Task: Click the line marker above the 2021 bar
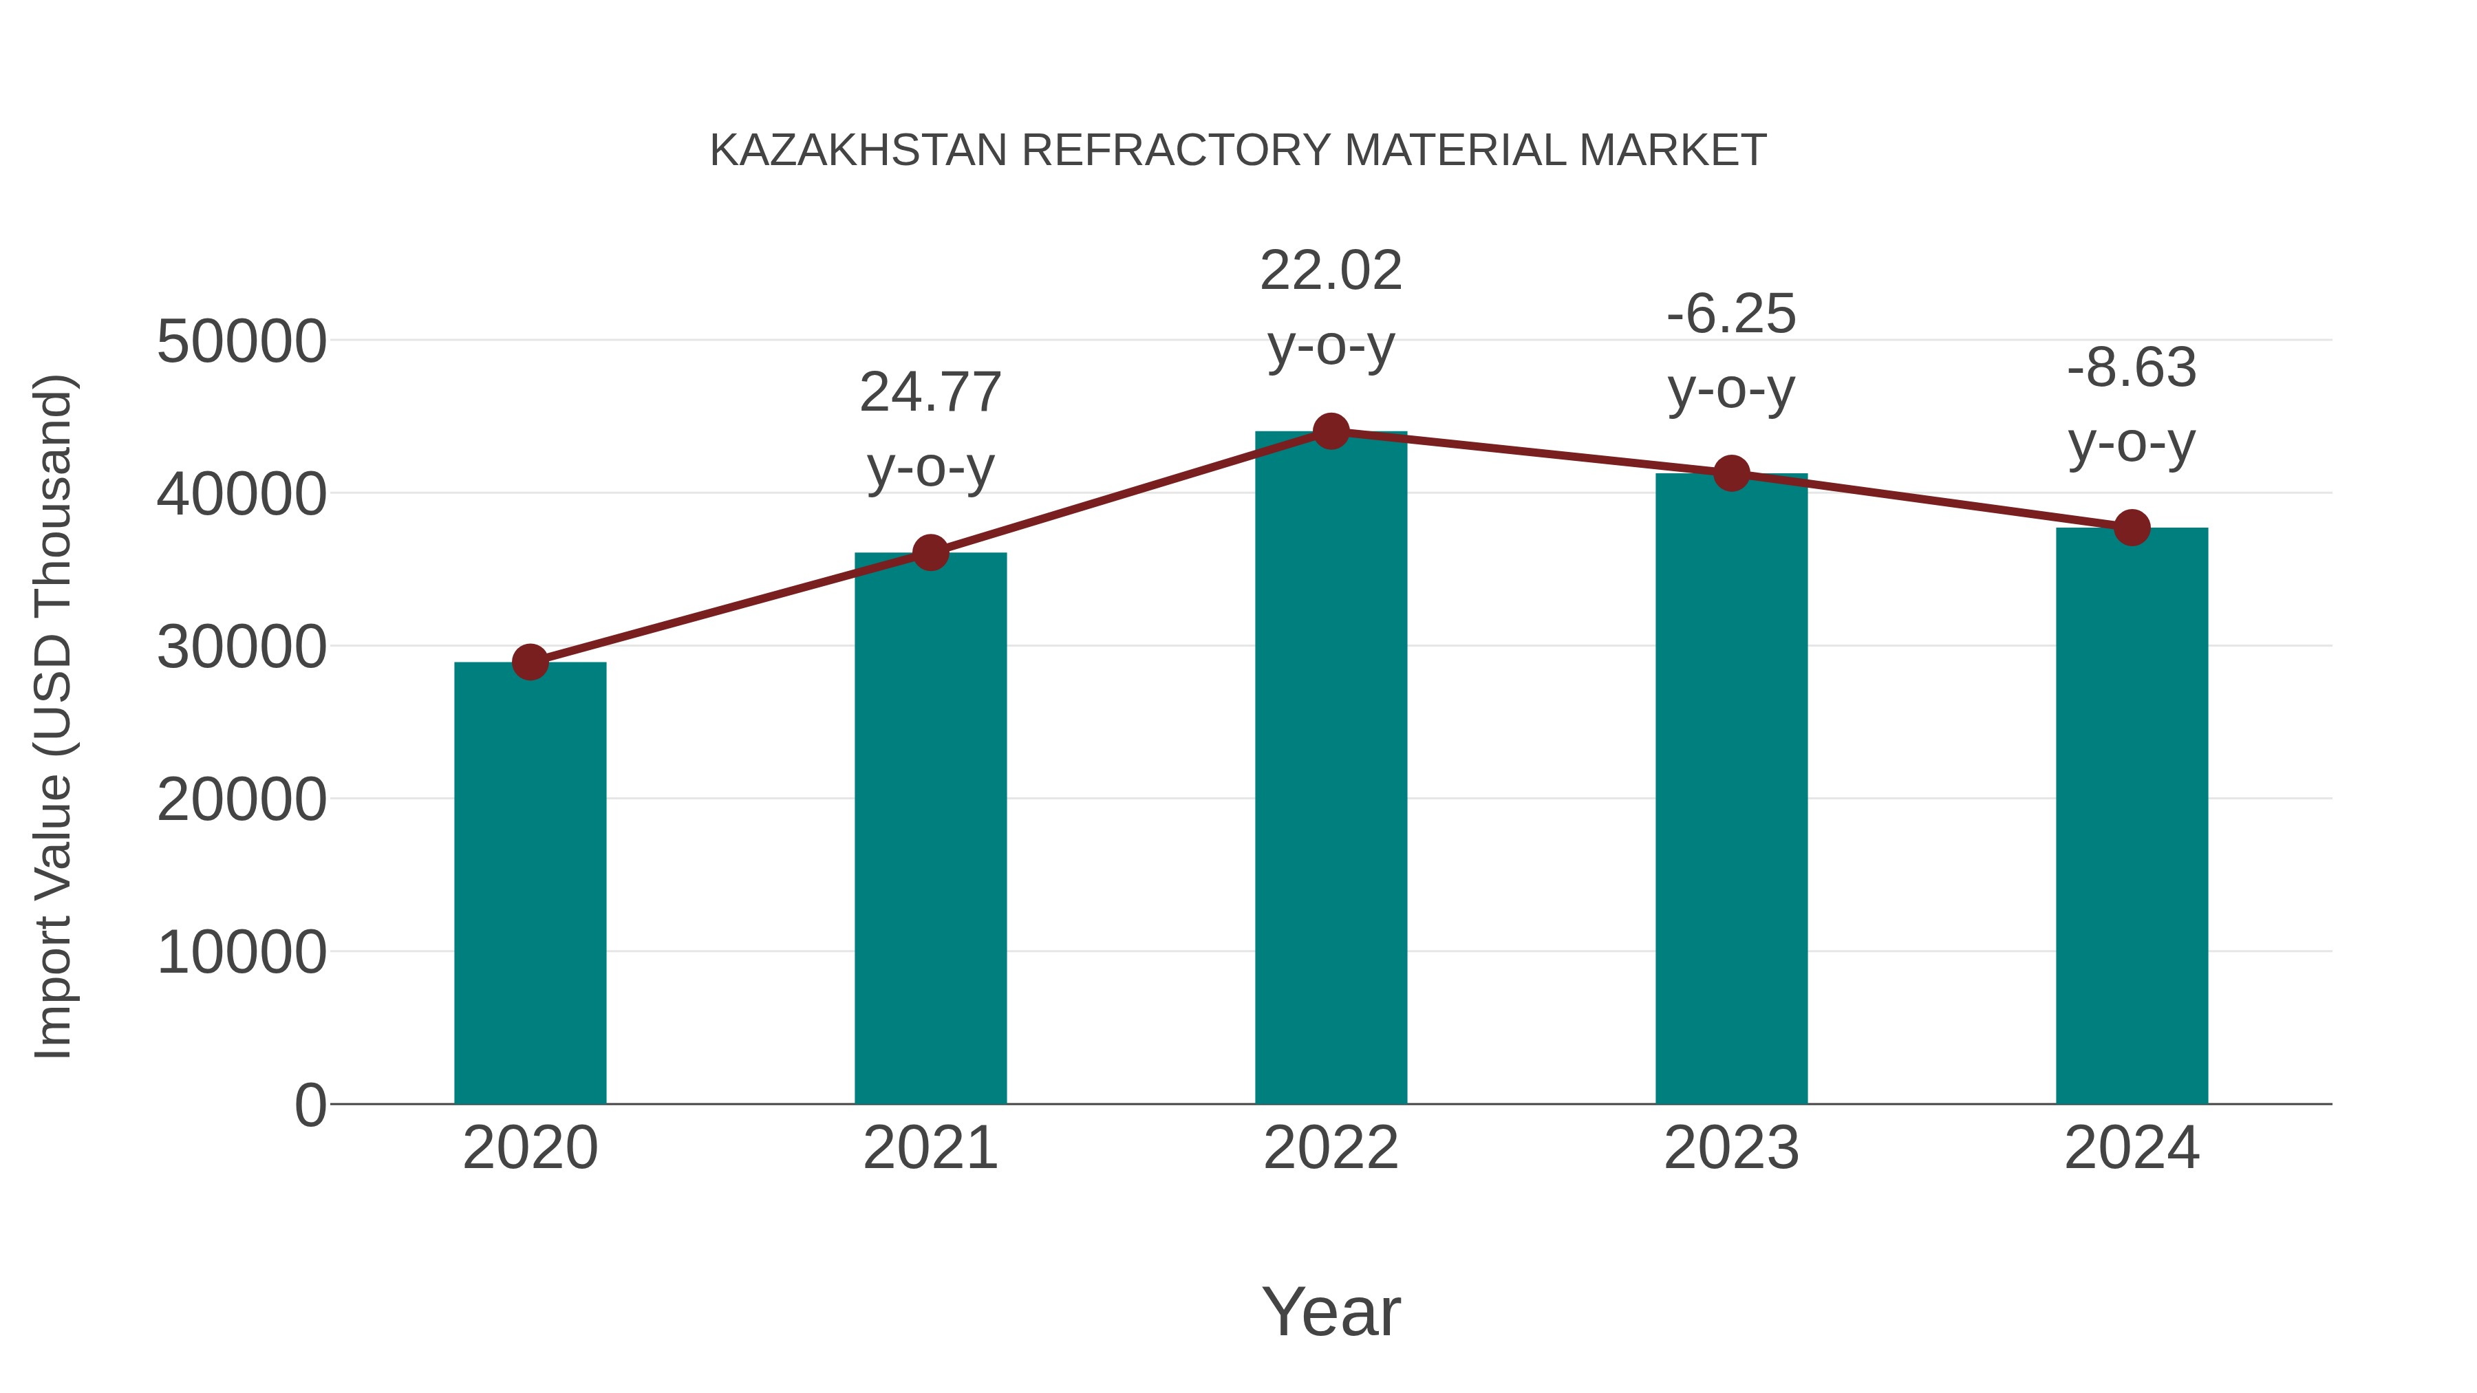[x=930, y=553]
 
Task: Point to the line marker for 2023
[x=1731, y=473]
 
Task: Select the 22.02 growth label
[x=1331, y=307]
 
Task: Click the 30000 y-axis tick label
[x=242, y=647]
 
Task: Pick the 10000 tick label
[x=242, y=953]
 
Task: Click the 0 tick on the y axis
[x=310, y=1105]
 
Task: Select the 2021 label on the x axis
[x=930, y=1148]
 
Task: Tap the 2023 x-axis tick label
[x=1731, y=1148]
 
